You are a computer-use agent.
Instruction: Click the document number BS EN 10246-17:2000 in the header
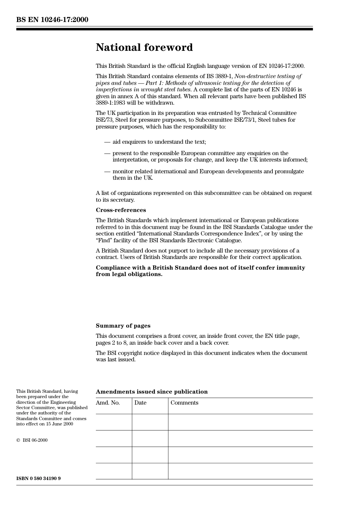click(52, 20)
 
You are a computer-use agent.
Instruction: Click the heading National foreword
click(144, 47)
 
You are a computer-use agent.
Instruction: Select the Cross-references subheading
click(121, 210)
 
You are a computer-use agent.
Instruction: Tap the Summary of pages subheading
click(123, 326)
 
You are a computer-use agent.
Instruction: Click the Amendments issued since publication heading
click(152, 392)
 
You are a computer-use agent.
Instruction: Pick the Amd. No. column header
click(108, 403)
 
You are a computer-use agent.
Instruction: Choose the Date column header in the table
click(140, 403)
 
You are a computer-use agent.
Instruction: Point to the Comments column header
click(184, 403)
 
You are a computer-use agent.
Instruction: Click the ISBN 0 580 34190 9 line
click(38, 479)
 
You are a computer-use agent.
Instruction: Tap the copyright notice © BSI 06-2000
click(32, 440)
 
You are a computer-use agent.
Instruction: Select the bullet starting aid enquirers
click(159, 142)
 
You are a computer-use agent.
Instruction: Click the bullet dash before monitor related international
click(107, 171)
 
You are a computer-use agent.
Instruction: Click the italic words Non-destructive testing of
click(268, 76)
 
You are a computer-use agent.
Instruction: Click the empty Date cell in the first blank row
click(150, 422)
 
